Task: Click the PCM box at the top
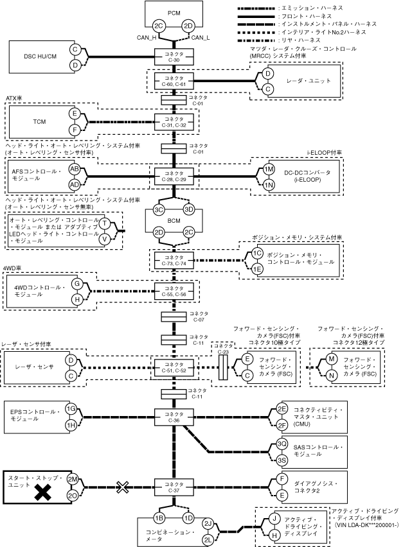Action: click(x=173, y=13)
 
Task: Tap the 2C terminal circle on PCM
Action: click(x=159, y=26)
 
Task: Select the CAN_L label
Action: click(x=201, y=37)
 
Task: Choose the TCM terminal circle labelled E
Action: click(x=75, y=114)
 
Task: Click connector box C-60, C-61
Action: click(x=174, y=80)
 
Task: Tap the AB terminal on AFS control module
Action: click(x=75, y=168)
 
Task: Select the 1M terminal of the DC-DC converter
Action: click(x=269, y=169)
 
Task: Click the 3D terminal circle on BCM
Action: click(x=189, y=209)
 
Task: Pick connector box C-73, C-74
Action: click(x=174, y=261)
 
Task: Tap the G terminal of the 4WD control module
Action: click(x=76, y=283)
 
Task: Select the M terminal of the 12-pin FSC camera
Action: click(x=331, y=360)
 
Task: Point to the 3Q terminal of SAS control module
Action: click(x=282, y=444)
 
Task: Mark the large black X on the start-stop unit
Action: click(x=43, y=492)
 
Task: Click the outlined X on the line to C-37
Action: click(x=123, y=487)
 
